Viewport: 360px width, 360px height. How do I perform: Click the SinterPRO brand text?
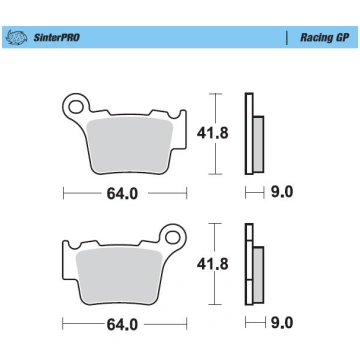pyautogui.click(x=56, y=37)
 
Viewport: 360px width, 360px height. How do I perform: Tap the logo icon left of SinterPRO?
pyautogui.click(x=17, y=37)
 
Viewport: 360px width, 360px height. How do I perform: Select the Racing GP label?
pyautogui.click(x=325, y=37)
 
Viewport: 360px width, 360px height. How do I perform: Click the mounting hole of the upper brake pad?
pyautogui.click(x=76, y=107)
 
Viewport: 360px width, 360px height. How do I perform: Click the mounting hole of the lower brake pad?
pyautogui.click(x=173, y=237)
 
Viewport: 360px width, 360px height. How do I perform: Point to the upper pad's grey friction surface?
pyautogui.click(x=130, y=146)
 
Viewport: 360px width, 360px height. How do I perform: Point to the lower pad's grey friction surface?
pyautogui.click(x=119, y=276)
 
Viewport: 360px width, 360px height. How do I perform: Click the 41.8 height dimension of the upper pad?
pyautogui.click(x=212, y=134)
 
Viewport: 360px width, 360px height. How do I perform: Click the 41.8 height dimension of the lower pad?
pyautogui.click(x=212, y=264)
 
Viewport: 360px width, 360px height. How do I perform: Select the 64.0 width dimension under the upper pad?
pyautogui.click(x=122, y=194)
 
